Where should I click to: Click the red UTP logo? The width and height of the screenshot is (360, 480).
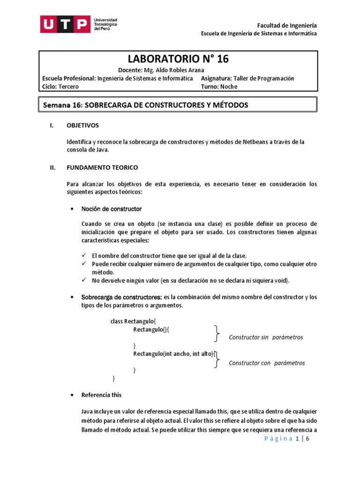click(65, 24)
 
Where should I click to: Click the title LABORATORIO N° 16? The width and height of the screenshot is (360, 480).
click(179, 59)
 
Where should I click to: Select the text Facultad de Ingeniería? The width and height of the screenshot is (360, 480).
click(287, 25)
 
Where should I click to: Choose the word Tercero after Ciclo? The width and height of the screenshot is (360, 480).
click(69, 87)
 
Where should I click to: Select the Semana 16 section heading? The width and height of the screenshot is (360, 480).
click(145, 105)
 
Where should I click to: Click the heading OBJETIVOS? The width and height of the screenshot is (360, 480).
click(83, 126)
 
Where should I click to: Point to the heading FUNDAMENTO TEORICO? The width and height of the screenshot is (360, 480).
click(102, 167)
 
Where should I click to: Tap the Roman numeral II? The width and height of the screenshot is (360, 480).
click(53, 167)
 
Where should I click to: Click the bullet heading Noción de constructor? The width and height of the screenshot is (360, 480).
click(112, 209)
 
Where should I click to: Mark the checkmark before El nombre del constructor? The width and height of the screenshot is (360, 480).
click(84, 255)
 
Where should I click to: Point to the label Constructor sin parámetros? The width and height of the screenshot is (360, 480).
click(266, 337)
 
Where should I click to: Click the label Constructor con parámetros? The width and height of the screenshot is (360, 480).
click(267, 363)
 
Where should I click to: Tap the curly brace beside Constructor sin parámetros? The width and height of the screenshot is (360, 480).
click(217, 334)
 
